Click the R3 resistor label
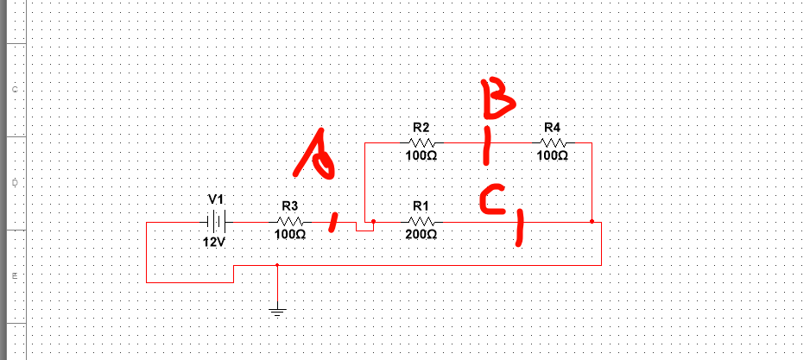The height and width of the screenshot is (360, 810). point(290,206)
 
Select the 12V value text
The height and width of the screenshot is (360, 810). point(214,242)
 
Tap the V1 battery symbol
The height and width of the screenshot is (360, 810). point(217,222)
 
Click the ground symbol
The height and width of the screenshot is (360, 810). point(277,311)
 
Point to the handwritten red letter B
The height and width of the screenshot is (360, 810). point(498,98)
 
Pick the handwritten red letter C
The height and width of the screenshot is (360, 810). point(492,199)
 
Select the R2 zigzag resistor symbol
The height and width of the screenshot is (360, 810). point(422,142)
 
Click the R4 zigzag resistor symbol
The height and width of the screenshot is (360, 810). point(554,142)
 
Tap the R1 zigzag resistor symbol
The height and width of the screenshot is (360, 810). point(422,222)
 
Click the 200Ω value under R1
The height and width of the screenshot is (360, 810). point(421,235)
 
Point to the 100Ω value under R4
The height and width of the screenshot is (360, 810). point(553,155)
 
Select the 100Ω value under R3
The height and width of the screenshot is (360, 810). point(290,235)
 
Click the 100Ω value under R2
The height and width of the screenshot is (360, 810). point(421,155)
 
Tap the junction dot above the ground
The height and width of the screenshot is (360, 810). point(277,265)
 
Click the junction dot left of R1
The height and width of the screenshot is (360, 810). point(374,222)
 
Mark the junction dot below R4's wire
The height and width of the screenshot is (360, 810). point(592,222)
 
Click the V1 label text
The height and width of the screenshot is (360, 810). point(217,199)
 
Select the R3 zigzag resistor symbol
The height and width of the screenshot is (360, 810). point(290,222)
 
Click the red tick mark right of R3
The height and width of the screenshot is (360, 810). point(334,223)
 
